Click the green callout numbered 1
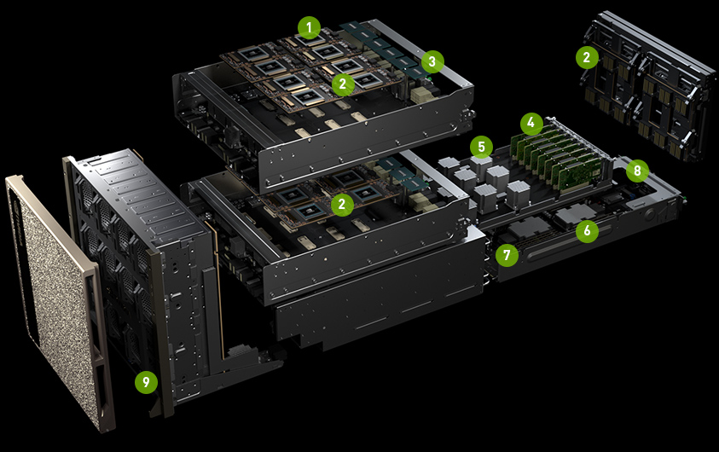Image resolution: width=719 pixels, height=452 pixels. [x=309, y=28]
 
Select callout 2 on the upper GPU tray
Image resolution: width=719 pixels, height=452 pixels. [x=343, y=84]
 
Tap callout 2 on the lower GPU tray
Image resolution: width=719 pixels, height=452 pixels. [x=342, y=204]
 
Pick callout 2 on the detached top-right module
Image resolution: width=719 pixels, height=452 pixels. [x=587, y=57]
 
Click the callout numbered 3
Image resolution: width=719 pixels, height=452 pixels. [x=432, y=61]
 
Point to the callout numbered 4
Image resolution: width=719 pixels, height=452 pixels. [x=531, y=123]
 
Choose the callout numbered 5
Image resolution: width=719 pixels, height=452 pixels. [x=482, y=148]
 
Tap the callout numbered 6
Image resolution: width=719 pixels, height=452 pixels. [x=587, y=230]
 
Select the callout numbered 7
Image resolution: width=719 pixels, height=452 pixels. [x=507, y=254]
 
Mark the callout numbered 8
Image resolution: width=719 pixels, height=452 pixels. [x=637, y=171]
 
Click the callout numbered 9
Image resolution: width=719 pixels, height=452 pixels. [x=147, y=382]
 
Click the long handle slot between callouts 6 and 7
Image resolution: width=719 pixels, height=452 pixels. [x=569, y=242]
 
